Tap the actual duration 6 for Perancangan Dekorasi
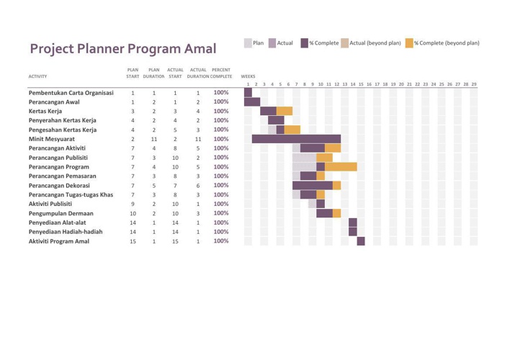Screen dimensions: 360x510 coord(198,185)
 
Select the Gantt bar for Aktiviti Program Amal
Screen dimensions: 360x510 coord(361,240)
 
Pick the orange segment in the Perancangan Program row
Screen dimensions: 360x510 coord(340,166)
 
